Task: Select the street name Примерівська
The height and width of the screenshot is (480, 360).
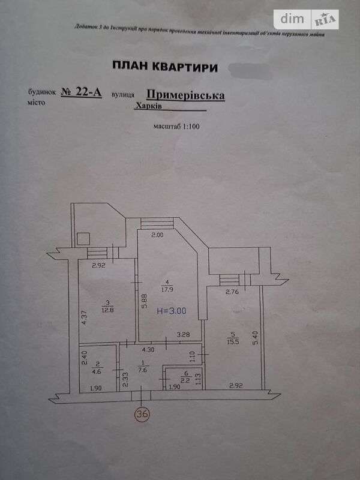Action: (x=185, y=95)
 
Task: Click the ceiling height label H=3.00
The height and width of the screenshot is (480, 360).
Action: (x=172, y=311)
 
